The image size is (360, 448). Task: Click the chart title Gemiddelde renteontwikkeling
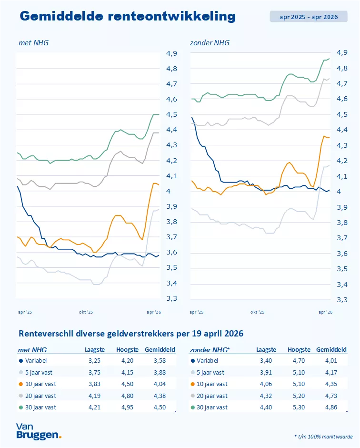[x=128, y=16]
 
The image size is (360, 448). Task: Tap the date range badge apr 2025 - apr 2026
[x=309, y=17]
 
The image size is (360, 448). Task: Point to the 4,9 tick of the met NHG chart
[x=171, y=53]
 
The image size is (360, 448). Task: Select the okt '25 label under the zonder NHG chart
[x=258, y=312]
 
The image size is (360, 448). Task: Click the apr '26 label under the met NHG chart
[x=153, y=312]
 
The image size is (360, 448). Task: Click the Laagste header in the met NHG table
[x=92, y=350]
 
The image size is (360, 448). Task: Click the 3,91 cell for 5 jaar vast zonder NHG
[x=265, y=372]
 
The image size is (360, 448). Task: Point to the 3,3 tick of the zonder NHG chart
[x=342, y=299]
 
